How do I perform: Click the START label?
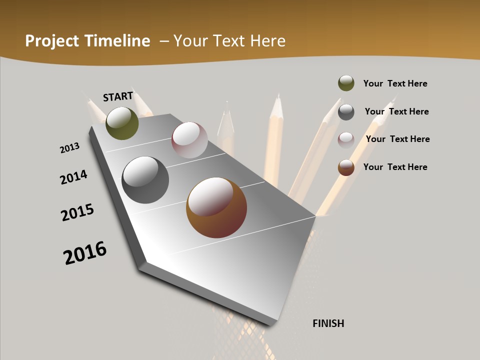118,96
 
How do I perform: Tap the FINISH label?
328,323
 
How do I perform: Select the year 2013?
70,148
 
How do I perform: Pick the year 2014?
74,177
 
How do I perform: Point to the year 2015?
77,212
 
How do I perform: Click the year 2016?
85,253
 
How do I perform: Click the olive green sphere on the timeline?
122,123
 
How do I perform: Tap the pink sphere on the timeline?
189,140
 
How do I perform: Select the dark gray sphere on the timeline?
145,180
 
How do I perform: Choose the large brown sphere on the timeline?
216,207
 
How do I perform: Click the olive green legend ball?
346,83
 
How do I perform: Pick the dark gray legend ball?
346,112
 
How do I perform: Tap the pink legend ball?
346,140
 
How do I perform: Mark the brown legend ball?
346,167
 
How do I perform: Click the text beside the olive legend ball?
395,83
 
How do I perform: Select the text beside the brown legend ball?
395,167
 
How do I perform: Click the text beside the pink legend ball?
397,139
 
